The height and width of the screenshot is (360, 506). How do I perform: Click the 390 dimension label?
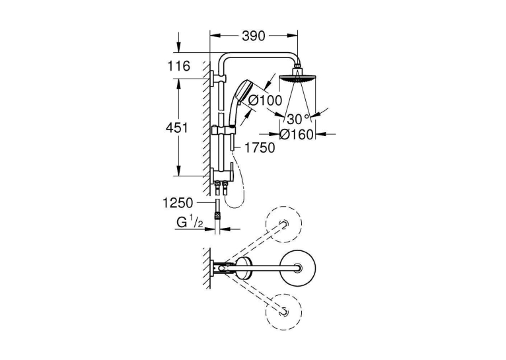coord(253,36)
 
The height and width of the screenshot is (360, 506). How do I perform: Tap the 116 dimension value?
coord(179,66)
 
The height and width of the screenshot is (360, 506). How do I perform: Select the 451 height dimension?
coord(176,127)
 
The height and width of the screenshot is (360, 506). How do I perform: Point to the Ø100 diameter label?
coord(266,100)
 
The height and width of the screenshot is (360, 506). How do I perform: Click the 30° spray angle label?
coord(298,119)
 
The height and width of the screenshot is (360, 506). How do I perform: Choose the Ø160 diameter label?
coord(297,135)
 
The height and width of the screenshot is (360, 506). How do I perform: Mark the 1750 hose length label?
coord(260,148)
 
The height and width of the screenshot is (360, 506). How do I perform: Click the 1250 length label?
coord(178,203)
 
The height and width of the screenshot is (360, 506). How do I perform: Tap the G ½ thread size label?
coord(190,223)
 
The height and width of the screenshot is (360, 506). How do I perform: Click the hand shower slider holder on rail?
coord(223,130)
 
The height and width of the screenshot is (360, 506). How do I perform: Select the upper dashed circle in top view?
coord(283,224)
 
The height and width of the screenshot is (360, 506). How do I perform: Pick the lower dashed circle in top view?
coord(283,311)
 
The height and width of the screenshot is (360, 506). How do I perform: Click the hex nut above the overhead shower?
coord(297,70)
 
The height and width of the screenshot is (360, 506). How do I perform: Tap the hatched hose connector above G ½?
coord(217,217)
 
